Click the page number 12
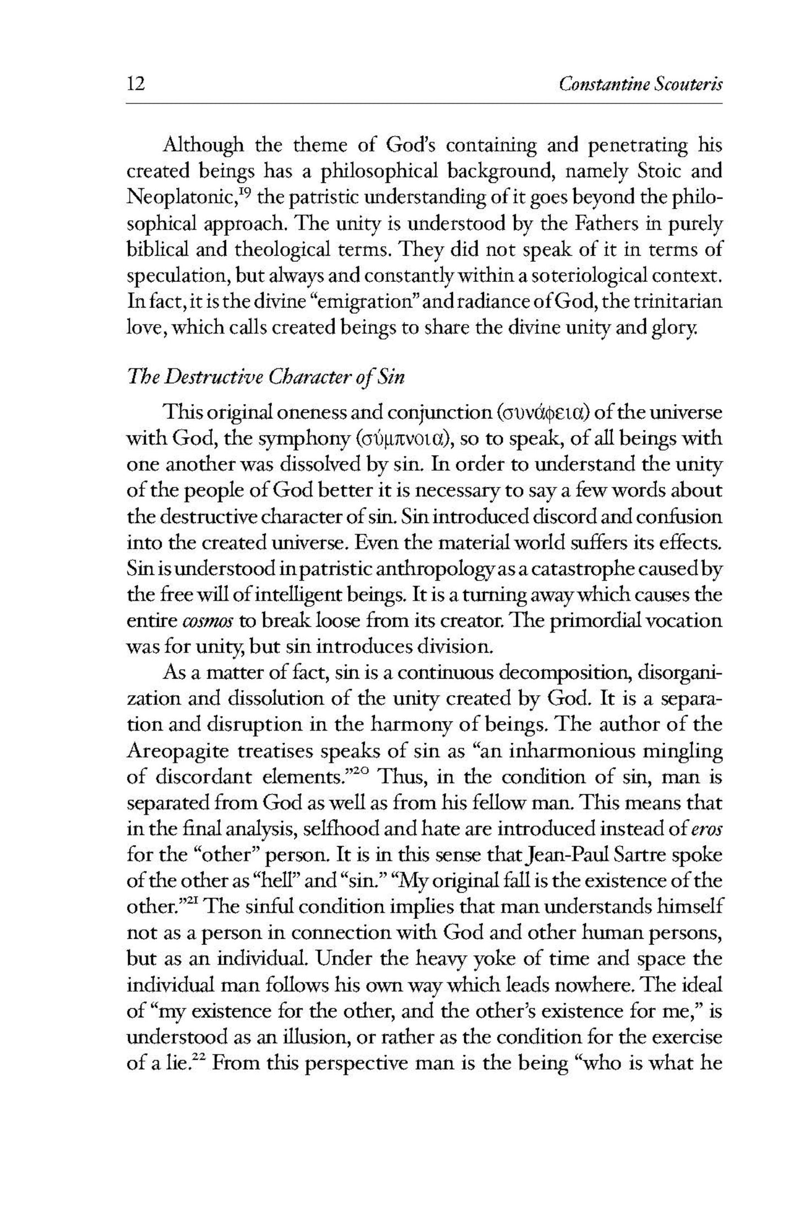point(135,84)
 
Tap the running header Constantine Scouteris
point(639,84)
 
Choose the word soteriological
point(611,275)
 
